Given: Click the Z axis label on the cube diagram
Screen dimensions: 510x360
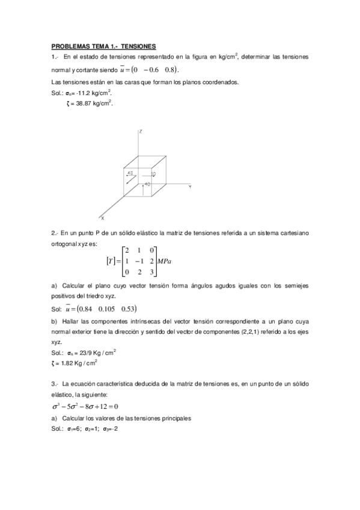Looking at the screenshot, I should (x=139, y=131).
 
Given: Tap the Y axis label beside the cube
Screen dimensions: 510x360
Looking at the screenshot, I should (x=189, y=187).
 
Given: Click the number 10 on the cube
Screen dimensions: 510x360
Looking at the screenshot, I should (x=153, y=174).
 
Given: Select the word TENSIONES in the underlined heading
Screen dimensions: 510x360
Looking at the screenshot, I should (x=138, y=46).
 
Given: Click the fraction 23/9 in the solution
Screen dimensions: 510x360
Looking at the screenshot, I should (x=85, y=352).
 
